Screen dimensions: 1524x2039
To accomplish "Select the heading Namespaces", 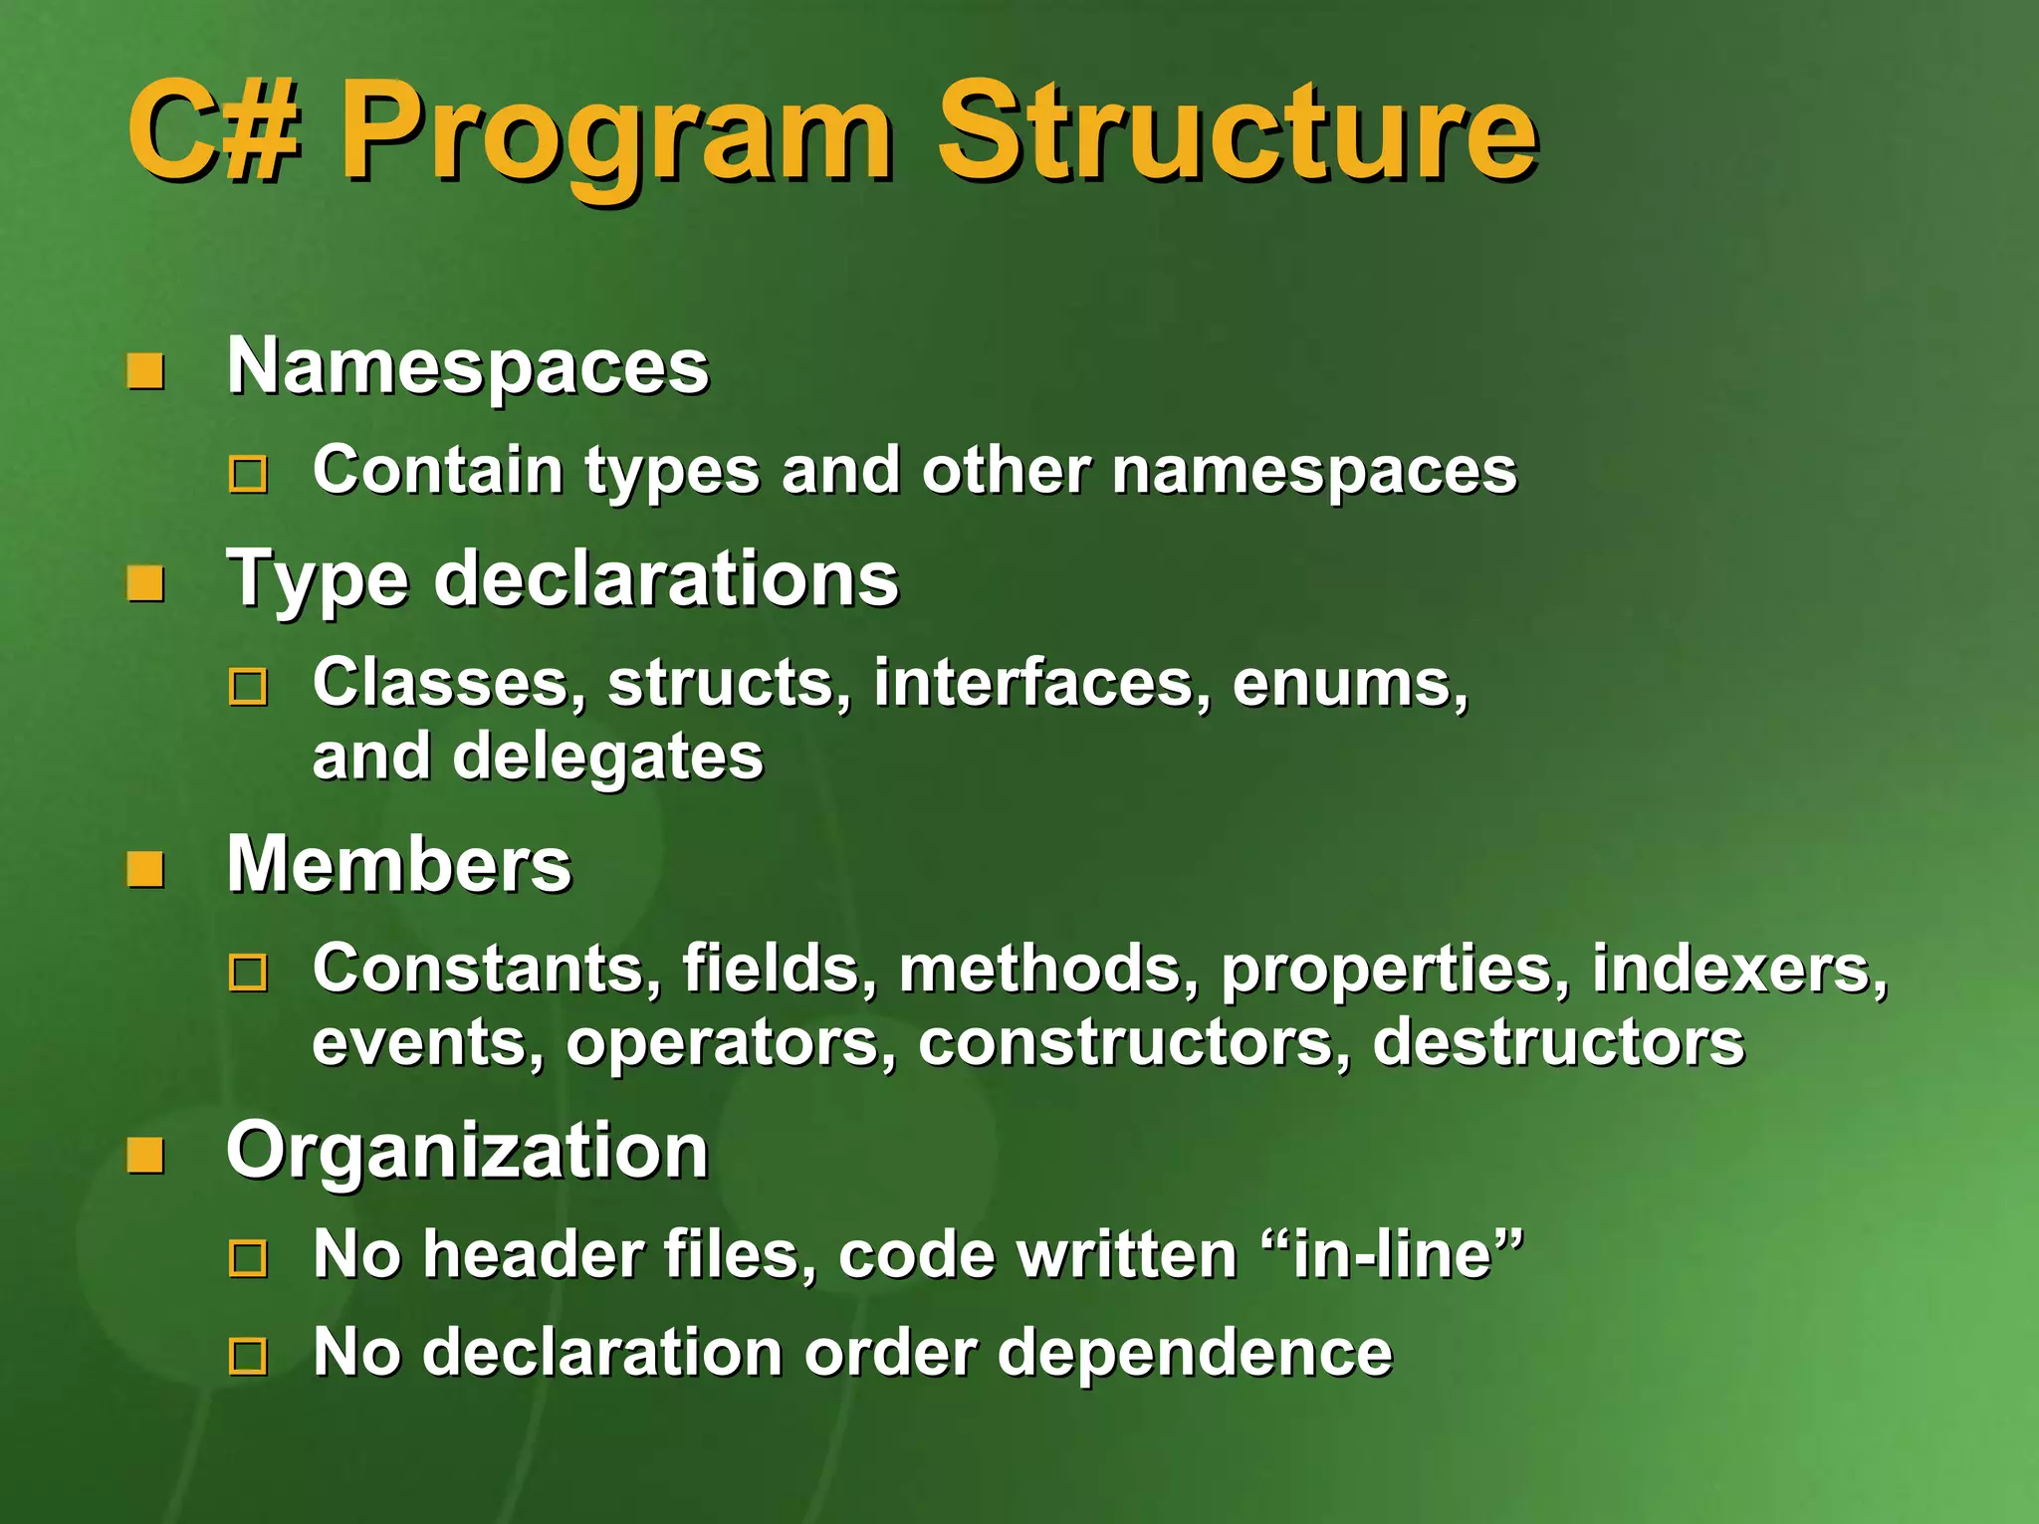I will point(468,366).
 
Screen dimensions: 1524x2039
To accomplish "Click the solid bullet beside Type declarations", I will point(145,584).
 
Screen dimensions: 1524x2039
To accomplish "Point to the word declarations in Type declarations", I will point(666,579).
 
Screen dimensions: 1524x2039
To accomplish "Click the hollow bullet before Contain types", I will point(248,475).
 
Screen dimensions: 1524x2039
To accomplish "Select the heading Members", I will point(399,864).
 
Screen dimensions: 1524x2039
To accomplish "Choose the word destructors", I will point(1558,1042).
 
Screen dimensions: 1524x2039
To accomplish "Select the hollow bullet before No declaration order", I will point(248,1357).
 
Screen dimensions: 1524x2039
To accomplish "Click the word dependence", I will point(1194,1353).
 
